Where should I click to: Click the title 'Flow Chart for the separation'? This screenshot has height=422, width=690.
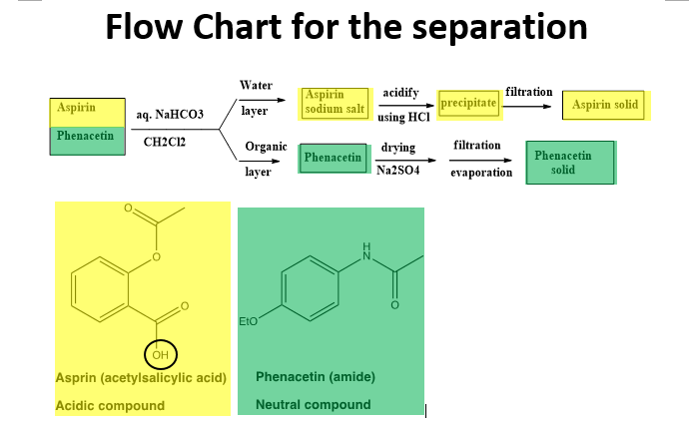[345, 28]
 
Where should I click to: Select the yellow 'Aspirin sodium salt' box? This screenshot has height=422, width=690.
[335, 101]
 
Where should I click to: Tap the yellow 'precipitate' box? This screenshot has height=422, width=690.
[468, 103]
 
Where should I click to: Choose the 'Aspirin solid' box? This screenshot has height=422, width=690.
[605, 104]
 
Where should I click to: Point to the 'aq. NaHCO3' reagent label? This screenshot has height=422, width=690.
[170, 116]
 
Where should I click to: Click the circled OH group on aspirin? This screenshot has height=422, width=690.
[160, 354]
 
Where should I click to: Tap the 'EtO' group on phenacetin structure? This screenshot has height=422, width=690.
[250, 321]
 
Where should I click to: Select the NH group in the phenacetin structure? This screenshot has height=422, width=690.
[365, 251]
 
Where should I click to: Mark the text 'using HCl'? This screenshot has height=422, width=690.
[404, 117]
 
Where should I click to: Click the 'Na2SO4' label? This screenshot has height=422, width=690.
[397, 171]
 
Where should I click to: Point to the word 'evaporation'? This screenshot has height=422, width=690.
[480, 172]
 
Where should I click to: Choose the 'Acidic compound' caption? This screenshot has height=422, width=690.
[110, 406]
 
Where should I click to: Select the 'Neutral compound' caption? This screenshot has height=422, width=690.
[313, 405]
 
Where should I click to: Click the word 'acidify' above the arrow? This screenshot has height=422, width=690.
[400, 92]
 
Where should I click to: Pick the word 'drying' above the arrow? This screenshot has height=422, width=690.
[398, 148]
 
